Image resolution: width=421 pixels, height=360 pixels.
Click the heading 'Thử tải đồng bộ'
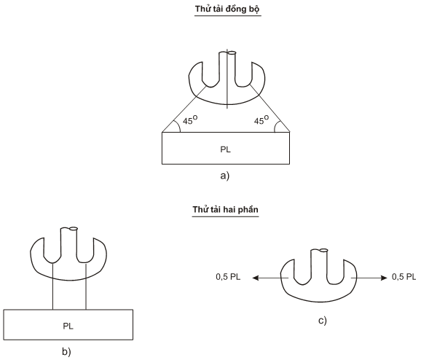(227, 9)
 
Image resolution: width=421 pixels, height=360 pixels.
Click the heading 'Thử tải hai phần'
(225, 210)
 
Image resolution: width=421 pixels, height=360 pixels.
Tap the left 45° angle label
(190, 120)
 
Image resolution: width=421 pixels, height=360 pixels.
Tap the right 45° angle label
(261, 120)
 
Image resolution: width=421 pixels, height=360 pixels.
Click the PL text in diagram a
(226, 149)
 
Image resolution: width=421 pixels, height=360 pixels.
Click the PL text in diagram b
(68, 326)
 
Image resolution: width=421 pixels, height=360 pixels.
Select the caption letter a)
(225, 176)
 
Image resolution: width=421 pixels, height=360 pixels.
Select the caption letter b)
(66, 352)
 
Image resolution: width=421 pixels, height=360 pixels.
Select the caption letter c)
(323, 321)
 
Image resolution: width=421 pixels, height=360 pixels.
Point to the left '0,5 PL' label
(228, 277)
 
